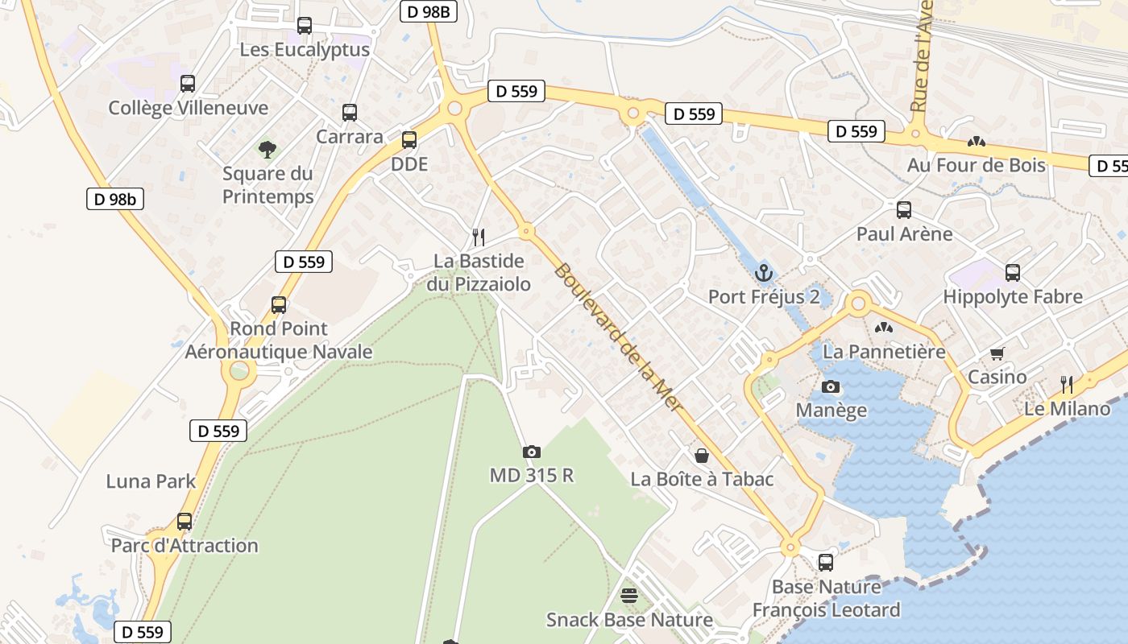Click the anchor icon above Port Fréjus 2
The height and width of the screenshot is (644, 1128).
[763, 272]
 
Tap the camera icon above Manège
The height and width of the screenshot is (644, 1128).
[831, 387]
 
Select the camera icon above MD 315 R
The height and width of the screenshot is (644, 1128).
[531, 452]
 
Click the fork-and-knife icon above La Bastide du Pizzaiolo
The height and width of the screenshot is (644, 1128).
[479, 237]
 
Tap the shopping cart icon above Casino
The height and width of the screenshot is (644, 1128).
[997, 353]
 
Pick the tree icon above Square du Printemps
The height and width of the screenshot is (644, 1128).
[267, 149]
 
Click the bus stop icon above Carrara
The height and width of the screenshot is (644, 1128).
[349, 113]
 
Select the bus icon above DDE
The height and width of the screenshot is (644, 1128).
[408, 140]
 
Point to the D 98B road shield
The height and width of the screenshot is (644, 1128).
[429, 11]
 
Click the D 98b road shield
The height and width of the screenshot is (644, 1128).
[115, 199]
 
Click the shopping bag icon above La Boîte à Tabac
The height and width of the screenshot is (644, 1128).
[702, 456]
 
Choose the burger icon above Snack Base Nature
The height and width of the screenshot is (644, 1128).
[629, 596]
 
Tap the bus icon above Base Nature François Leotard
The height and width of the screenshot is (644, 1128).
[826, 563]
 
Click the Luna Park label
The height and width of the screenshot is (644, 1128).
[151, 481]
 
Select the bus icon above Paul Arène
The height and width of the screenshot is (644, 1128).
[904, 210]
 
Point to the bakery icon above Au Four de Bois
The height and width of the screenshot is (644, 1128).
[976, 142]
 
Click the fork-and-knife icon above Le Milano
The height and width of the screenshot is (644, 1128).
[1067, 384]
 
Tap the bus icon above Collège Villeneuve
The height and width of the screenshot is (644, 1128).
[188, 84]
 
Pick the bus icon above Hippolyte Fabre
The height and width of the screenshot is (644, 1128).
[1013, 273]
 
